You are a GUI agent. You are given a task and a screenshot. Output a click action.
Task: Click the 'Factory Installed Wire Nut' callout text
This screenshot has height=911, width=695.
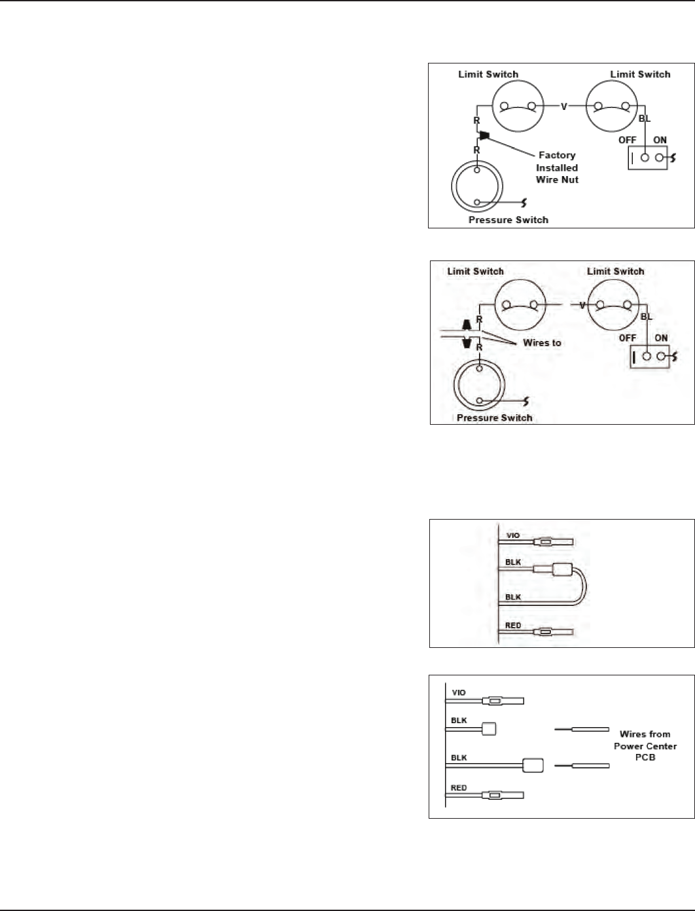click(557, 168)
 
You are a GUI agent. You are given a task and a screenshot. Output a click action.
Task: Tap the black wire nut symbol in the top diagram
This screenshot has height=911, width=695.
click(484, 136)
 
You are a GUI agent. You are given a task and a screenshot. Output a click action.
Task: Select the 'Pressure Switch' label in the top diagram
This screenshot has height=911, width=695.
click(508, 220)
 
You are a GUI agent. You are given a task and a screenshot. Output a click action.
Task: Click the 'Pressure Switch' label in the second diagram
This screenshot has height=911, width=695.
click(494, 418)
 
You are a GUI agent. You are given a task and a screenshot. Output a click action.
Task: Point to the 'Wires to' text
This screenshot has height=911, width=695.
click(542, 343)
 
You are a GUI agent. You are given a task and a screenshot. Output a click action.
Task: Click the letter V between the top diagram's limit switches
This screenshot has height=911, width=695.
click(563, 107)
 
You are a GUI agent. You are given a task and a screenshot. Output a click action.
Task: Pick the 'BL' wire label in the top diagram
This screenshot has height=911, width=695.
click(645, 119)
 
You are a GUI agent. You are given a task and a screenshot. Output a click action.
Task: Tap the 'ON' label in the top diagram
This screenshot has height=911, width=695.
click(660, 140)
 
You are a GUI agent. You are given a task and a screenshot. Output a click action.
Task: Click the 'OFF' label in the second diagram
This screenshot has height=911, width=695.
click(628, 338)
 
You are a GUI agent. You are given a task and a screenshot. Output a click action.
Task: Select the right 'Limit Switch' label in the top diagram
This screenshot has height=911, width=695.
click(640, 75)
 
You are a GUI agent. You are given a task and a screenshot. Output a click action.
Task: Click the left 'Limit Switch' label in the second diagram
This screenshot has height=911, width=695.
click(475, 271)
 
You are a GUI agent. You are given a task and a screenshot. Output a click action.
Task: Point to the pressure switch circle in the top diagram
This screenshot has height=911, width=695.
click(476, 187)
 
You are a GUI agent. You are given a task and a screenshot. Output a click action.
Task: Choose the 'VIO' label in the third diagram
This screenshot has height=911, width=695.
click(513, 535)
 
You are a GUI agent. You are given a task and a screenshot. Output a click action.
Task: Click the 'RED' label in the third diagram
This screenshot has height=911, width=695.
click(513, 626)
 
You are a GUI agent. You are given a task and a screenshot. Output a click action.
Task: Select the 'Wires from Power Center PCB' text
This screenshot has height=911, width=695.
click(645, 746)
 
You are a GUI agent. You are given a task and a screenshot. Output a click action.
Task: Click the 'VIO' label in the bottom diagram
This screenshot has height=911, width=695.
click(459, 692)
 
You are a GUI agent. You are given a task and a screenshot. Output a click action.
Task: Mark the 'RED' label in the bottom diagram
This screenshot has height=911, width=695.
click(459, 788)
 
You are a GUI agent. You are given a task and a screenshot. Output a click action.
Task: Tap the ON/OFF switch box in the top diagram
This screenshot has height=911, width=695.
click(648, 158)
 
